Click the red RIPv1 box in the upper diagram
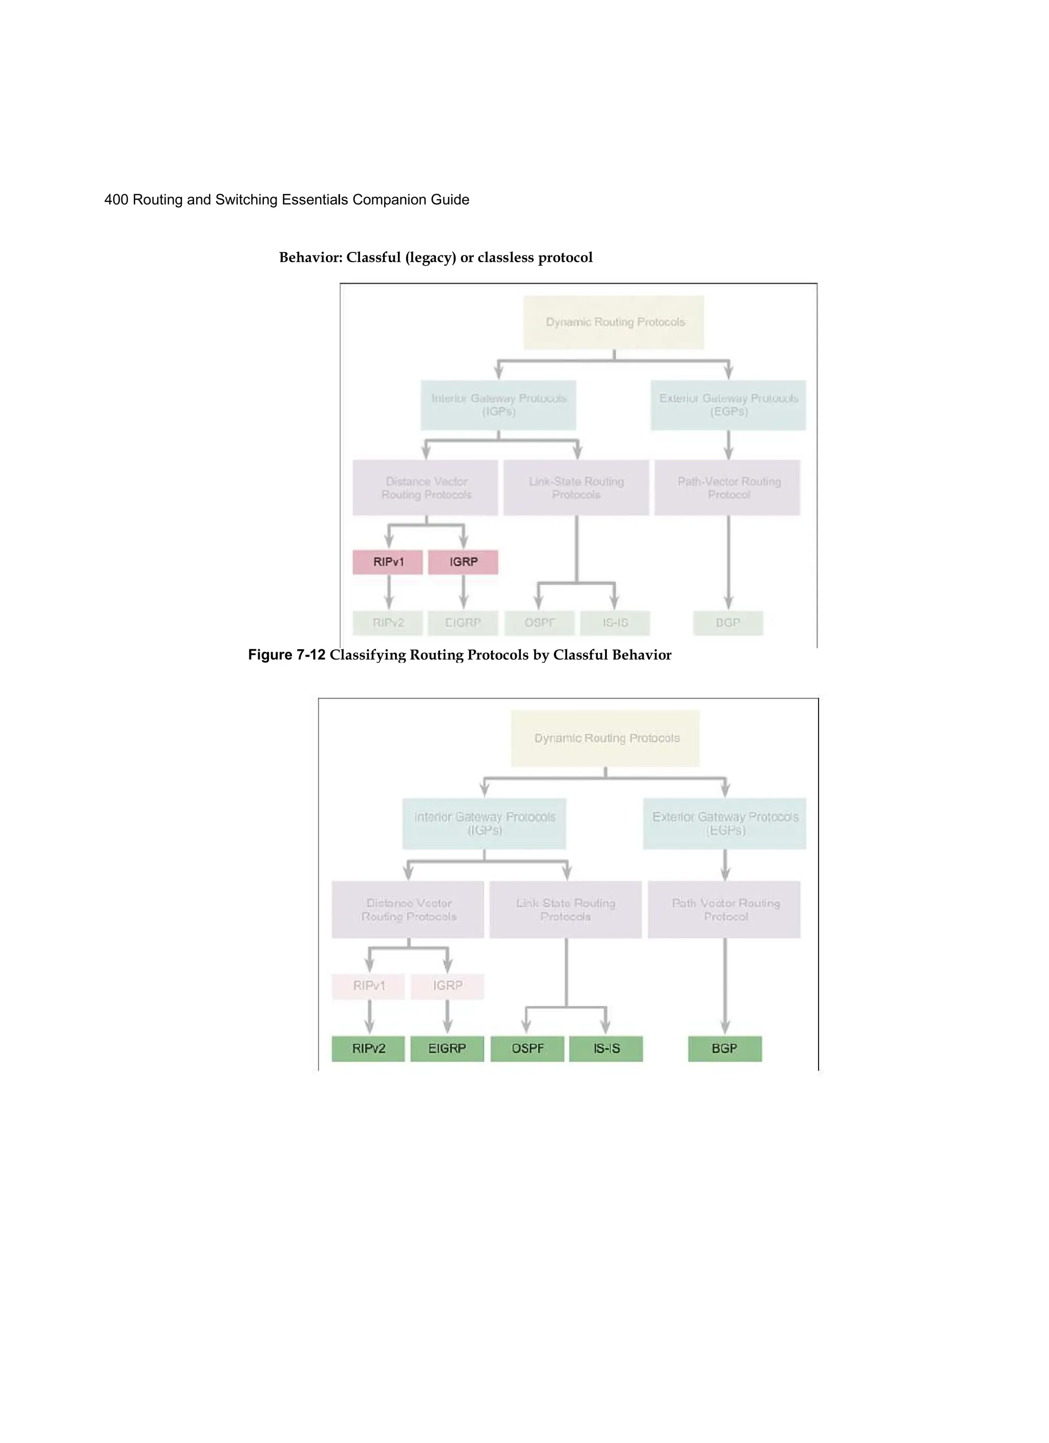pos(388,562)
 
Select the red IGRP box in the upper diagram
pos(463,562)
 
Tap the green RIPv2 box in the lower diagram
pos(368,1049)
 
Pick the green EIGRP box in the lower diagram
pos(447,1049)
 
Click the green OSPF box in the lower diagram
pos(527,1049)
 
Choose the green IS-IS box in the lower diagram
pos(606,1049)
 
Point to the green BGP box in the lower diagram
pos(724,1049)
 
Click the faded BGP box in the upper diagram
pos(727,622)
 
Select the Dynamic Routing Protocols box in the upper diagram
pos(614,322)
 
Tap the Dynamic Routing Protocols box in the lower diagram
pos(605,738)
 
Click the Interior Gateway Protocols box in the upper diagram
pos(498,405)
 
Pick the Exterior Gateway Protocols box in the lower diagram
pos(724,823)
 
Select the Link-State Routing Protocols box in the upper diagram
pos(576,487)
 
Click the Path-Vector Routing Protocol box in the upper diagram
pos(727,487)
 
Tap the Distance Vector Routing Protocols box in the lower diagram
pos(408,909)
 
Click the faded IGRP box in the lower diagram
pos(447,986)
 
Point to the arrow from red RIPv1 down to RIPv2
pos(388,592)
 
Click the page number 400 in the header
pos(116,200)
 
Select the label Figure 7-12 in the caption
pos(286,655)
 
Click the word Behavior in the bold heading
pos(310,258)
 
